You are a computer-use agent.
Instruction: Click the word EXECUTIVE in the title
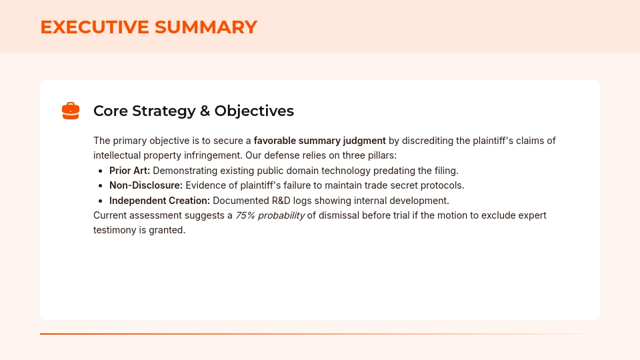95,27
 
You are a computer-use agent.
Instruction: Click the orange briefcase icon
71,111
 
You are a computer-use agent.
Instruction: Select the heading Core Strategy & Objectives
193,111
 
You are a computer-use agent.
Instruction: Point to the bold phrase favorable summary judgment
319,141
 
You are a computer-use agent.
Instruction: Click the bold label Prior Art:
129,171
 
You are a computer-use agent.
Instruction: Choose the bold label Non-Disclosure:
145,185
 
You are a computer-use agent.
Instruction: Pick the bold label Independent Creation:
159,201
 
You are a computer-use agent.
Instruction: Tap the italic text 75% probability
270,215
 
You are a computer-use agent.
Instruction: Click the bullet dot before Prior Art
101,171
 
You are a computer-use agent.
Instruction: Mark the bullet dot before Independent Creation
101,201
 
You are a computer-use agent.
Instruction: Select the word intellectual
119,155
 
